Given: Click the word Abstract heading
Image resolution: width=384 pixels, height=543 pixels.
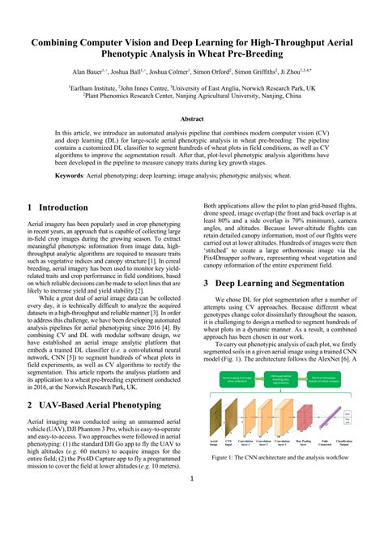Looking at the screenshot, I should [x=192, y=118].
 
